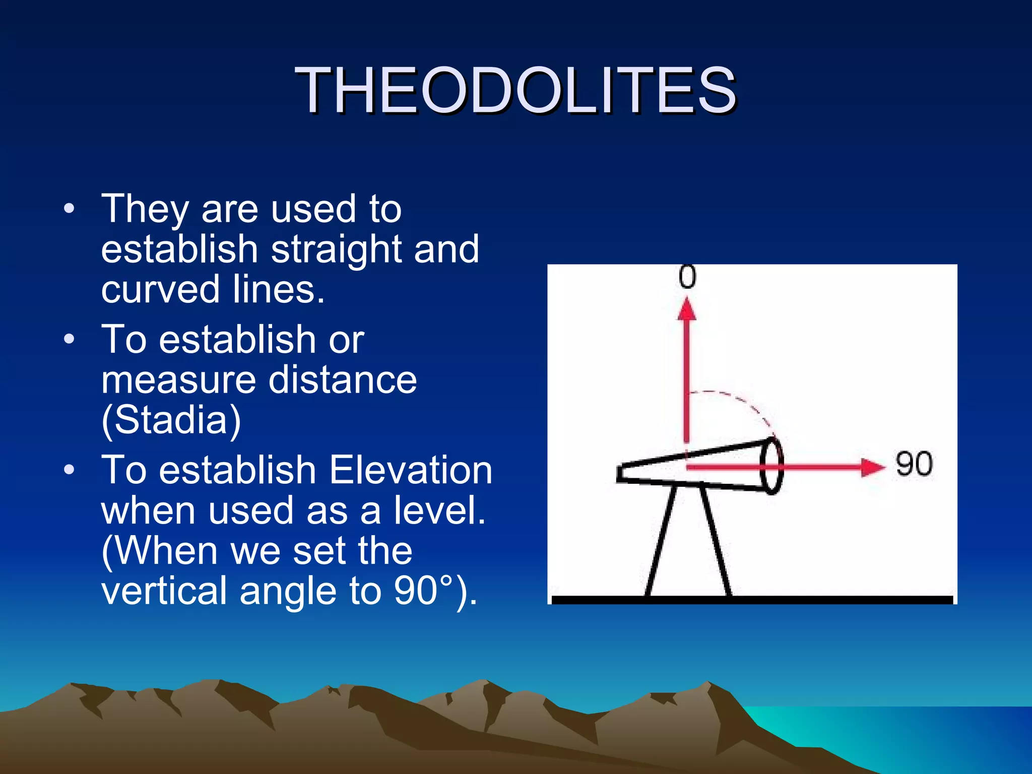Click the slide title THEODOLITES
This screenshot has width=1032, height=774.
click(516, 91)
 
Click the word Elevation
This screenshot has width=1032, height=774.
click(411, 470)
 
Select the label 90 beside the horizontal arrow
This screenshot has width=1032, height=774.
click(914, 464)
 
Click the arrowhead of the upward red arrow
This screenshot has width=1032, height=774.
click(686, 309)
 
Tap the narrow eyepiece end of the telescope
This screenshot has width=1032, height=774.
click(621, 473)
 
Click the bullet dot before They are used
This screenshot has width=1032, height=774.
click(70, 209)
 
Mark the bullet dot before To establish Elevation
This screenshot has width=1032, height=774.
click(70, 470)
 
